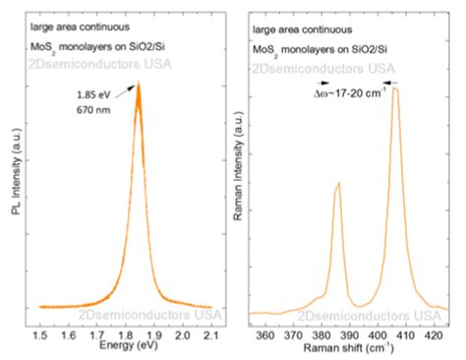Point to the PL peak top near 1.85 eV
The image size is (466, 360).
pyautogui.click(x=138, y=84)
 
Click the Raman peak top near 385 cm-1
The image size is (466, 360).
pyautogui.click(x=338, y=183)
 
